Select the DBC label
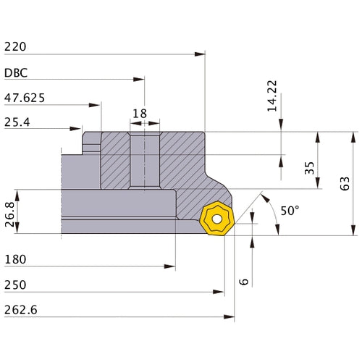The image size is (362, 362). (x=17, y=73)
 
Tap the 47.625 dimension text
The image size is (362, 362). (x=25, y=97)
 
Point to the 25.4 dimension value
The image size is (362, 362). (x=17, y=122)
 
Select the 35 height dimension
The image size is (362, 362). (x=309, y=168)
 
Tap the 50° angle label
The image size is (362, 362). (x=289, y=211)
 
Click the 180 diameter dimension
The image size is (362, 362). (x=16, y=258)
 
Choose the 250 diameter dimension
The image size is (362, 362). (x=16, y=285)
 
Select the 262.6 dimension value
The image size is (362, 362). (x=21, y=310)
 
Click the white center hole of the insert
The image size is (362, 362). (x=216, y=219)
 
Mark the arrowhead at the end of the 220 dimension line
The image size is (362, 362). (x=203, y=54)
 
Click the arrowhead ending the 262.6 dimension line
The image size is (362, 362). (x=232, y=317)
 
